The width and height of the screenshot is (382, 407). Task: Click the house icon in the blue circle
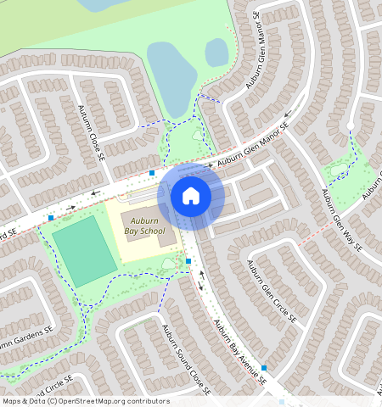coord(191,196)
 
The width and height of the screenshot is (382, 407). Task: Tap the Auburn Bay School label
coord(143,224)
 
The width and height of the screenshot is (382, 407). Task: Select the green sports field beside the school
coord(84,251)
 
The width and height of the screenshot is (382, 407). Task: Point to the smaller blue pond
coord(216,53)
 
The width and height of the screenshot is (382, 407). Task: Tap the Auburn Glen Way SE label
coord(340,217)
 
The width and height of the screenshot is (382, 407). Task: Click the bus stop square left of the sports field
coord(51,218)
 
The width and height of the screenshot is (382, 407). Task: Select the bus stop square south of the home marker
coord(188,261)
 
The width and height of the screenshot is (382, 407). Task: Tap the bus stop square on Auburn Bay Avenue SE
coord(264,368)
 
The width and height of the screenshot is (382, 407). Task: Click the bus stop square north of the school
coord(151,173)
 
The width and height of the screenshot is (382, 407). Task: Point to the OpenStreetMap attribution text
coord(85,401)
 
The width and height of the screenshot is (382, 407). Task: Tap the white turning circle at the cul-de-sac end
coord(350,126)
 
